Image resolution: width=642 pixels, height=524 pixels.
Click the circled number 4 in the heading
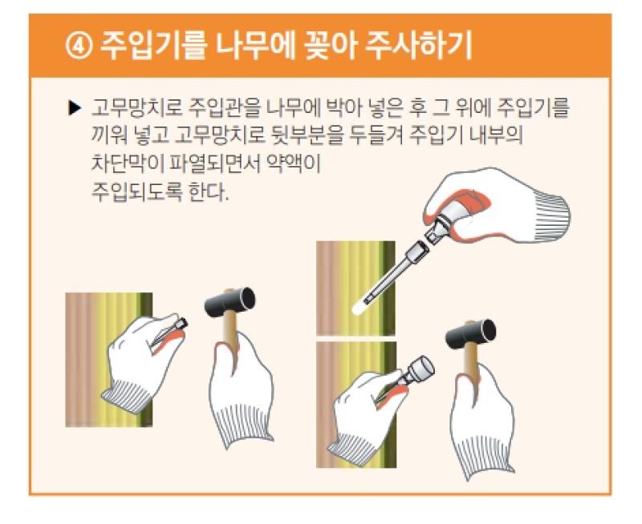click(79, 46)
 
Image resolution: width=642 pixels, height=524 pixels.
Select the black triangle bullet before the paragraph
click(75, 108)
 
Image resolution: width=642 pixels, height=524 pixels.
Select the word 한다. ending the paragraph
click(208, 191)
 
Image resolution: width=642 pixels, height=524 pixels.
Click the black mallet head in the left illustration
click(230, 301)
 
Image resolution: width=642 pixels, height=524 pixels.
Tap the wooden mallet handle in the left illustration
click(230, 335)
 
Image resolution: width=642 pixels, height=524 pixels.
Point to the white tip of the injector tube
click(359, 308)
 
